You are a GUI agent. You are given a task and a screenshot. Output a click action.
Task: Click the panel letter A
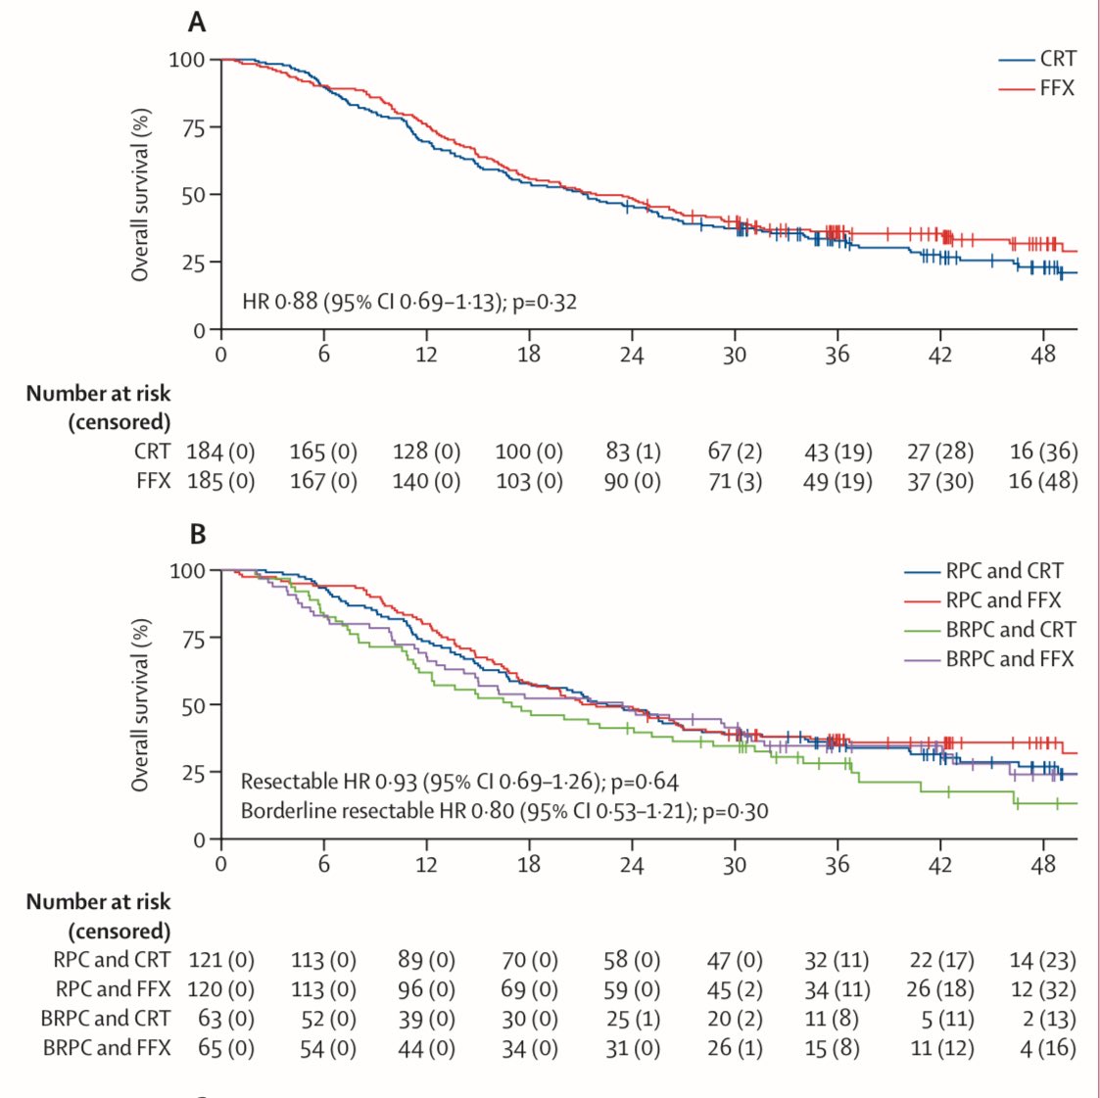coord(197,22)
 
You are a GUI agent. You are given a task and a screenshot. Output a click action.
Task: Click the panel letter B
coord(198,535)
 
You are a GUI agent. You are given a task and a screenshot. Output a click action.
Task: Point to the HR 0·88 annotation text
coord(409,302)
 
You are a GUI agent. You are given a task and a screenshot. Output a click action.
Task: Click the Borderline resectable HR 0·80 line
coord(504,811)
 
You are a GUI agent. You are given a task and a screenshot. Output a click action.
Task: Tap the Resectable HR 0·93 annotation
coord(459,782)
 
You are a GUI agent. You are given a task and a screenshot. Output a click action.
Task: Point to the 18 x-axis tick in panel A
coord(529,355)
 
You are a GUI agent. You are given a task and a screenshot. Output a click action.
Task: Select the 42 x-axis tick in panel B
coord(940,865)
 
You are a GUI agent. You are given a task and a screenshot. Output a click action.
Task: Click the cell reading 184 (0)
coord(220,452)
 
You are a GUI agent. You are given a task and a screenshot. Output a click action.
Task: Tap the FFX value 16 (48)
coord(1043,481)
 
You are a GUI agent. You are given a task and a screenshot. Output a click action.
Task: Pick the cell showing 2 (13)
coord(1048,1019)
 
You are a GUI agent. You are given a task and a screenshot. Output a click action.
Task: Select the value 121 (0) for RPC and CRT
coord(220,960)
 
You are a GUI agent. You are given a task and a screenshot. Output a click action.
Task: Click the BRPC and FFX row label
coord(106,1048)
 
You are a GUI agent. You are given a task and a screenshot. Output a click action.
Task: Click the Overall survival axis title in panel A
coord(141,194)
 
